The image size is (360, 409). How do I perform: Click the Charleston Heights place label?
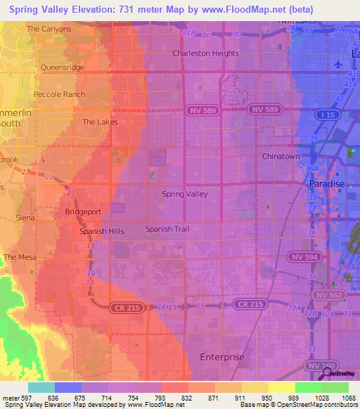[206, 53]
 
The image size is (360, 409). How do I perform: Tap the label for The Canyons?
[49, 29]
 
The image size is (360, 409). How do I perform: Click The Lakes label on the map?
[100, 122]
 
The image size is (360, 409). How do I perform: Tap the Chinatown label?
[281, 156]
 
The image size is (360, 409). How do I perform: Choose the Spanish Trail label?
[167, 229]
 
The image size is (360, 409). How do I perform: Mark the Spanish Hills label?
[101, 231]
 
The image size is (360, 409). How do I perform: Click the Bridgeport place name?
[83, 212]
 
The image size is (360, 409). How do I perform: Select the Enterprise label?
[222, 357]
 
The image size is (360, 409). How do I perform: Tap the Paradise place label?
[328, 184]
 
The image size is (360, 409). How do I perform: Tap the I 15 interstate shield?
[324, 114]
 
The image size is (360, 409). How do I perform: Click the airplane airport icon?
[341, 63]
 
